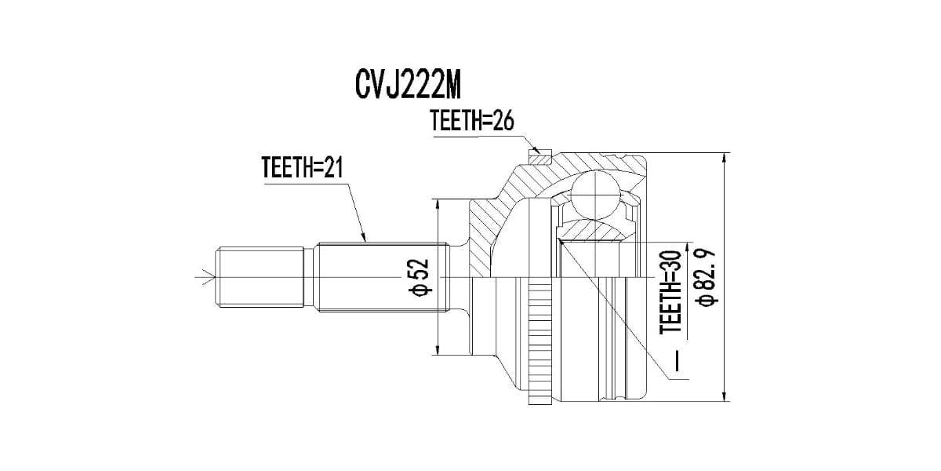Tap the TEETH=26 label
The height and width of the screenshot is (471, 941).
pyautogui.click(x=470, y=121)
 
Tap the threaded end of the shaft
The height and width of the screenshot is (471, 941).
pyautogui.click(x=259, y=277)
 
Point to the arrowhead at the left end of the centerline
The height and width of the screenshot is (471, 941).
pyautogui.click(x=208, y=277)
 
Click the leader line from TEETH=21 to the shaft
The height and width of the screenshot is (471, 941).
pyautogui.click(x=351, y=206)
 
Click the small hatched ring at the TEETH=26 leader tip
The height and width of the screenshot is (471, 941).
pyautogui.click(x=540, y=157)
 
